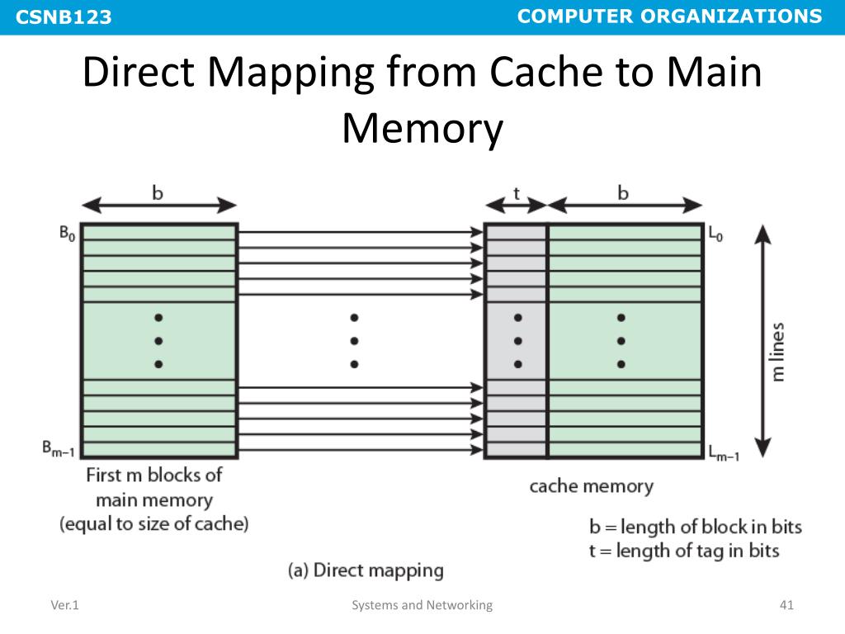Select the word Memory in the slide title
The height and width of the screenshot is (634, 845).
(x=422, y=129)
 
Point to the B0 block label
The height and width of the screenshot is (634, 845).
(x=67, y=234)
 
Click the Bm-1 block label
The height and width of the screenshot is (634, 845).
(x=58, y=449)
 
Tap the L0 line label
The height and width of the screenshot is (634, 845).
(x=715, y=234)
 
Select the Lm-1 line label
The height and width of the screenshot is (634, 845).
(x=723, y=451)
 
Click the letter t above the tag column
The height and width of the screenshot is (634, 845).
(x=517, y=193)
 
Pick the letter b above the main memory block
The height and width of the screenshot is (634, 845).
(x=158, y=193)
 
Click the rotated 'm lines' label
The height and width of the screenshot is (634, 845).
(x=777, y=351)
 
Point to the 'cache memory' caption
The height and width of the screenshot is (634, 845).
(x=591, y=486)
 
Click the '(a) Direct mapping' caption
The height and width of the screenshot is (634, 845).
(x=366, y=570)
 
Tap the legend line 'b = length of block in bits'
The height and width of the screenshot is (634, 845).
(x=696, y=527)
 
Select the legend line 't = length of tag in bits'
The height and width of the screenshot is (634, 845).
(x=684, y=550)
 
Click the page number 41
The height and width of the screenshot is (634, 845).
(x=786, y=606)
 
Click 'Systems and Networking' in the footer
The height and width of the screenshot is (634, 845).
(x=422, y=606)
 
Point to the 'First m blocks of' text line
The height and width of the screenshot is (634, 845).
(x=154, y=475)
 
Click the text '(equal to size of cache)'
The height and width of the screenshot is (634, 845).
(x=154, y=523)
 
